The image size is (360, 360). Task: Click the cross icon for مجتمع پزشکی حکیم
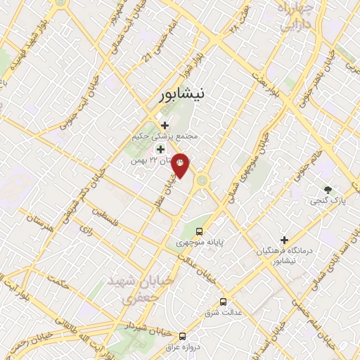165,125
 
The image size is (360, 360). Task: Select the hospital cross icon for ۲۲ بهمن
160,149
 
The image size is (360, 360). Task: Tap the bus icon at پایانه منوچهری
200,231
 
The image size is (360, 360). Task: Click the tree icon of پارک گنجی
328,189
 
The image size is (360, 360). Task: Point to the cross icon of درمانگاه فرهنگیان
284,240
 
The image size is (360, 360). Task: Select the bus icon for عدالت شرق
223,302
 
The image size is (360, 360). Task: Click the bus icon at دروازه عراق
182,336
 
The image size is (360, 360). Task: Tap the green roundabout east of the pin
202,180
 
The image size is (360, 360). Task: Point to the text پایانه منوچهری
199,242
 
